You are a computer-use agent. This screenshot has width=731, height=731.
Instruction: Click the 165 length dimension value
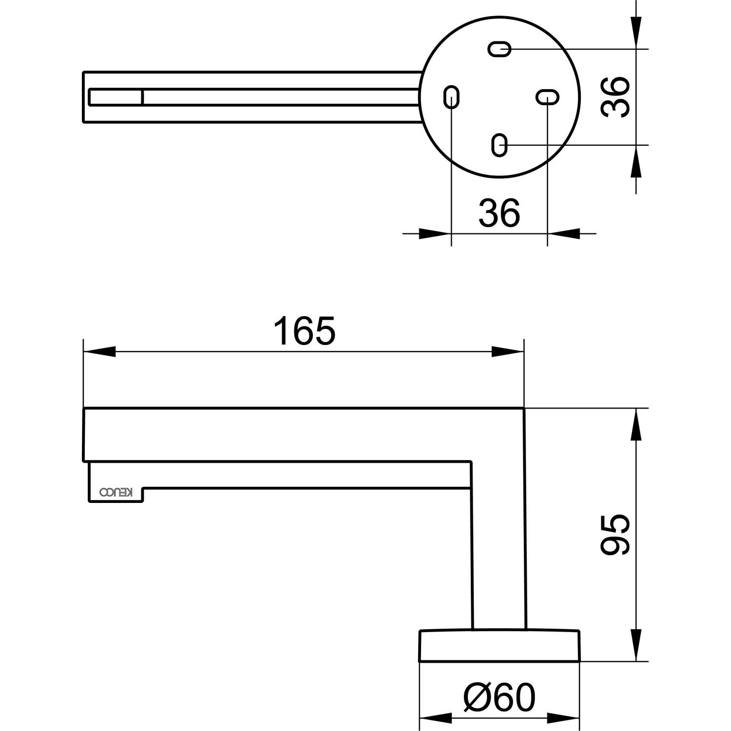(304, 330)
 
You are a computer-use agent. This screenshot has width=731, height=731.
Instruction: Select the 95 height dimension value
(615, 535)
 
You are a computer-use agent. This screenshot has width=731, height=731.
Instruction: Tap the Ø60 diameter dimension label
(499, 697)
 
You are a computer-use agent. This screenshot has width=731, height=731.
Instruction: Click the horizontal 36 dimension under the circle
(500, 213)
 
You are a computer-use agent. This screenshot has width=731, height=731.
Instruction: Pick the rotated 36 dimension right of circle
(615, 97)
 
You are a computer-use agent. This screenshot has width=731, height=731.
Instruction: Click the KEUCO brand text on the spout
(116, 493)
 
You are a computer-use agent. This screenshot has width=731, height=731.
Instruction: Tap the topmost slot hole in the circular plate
(500, 49)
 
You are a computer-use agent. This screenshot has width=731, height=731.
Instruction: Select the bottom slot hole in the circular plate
(500, 145)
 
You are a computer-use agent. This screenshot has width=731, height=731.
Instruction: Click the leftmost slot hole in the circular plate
(451, 97)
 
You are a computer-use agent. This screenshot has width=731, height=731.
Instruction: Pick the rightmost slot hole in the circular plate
(547, 97)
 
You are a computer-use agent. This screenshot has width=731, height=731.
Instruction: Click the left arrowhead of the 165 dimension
(99, 352)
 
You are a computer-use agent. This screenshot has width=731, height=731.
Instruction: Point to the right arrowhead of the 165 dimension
(507, 352)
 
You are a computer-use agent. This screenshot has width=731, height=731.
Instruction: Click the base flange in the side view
(500, 646)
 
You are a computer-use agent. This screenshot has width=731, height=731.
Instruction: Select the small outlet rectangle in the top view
(115, 97)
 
